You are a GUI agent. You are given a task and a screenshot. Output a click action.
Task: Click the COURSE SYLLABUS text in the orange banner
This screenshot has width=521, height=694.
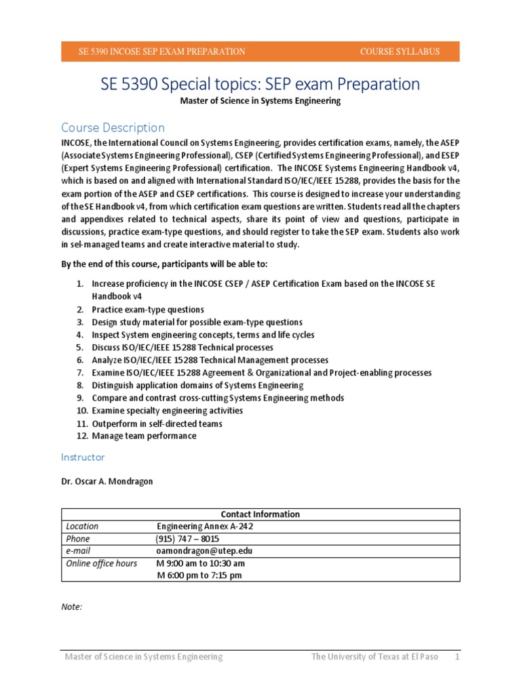[400, 52]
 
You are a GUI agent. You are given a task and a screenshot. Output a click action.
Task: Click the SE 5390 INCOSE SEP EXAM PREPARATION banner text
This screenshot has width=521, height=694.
[162, 52]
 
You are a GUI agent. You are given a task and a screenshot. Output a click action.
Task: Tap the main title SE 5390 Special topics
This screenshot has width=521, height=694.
[260, 84]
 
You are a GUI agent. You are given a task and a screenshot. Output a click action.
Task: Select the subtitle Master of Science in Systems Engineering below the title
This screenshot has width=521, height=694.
[260, 101]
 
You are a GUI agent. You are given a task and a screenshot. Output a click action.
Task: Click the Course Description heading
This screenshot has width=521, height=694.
[113, 127]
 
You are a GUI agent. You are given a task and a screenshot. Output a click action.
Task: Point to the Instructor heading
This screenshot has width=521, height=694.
[83, 457]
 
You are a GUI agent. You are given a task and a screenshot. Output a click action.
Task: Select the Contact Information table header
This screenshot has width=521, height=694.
[260, 514]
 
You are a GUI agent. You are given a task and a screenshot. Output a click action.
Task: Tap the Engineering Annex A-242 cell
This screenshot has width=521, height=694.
[205, 526]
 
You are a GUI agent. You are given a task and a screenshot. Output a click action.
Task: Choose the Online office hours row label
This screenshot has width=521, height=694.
[101, 563]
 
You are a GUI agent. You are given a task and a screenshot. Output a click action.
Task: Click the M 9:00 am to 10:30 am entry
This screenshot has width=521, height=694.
[200, 563]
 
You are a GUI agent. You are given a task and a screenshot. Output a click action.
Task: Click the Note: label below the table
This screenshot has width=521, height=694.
[71, 607]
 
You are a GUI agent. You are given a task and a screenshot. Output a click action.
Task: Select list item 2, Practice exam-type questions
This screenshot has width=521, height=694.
[148, 310]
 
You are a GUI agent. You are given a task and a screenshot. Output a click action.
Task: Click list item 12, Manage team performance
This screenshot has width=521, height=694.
[144, 436]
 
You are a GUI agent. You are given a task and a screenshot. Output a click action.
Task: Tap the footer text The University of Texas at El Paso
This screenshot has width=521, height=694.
[375, 657]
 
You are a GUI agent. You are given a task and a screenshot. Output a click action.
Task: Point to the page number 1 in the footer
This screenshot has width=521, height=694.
[457, 657]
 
